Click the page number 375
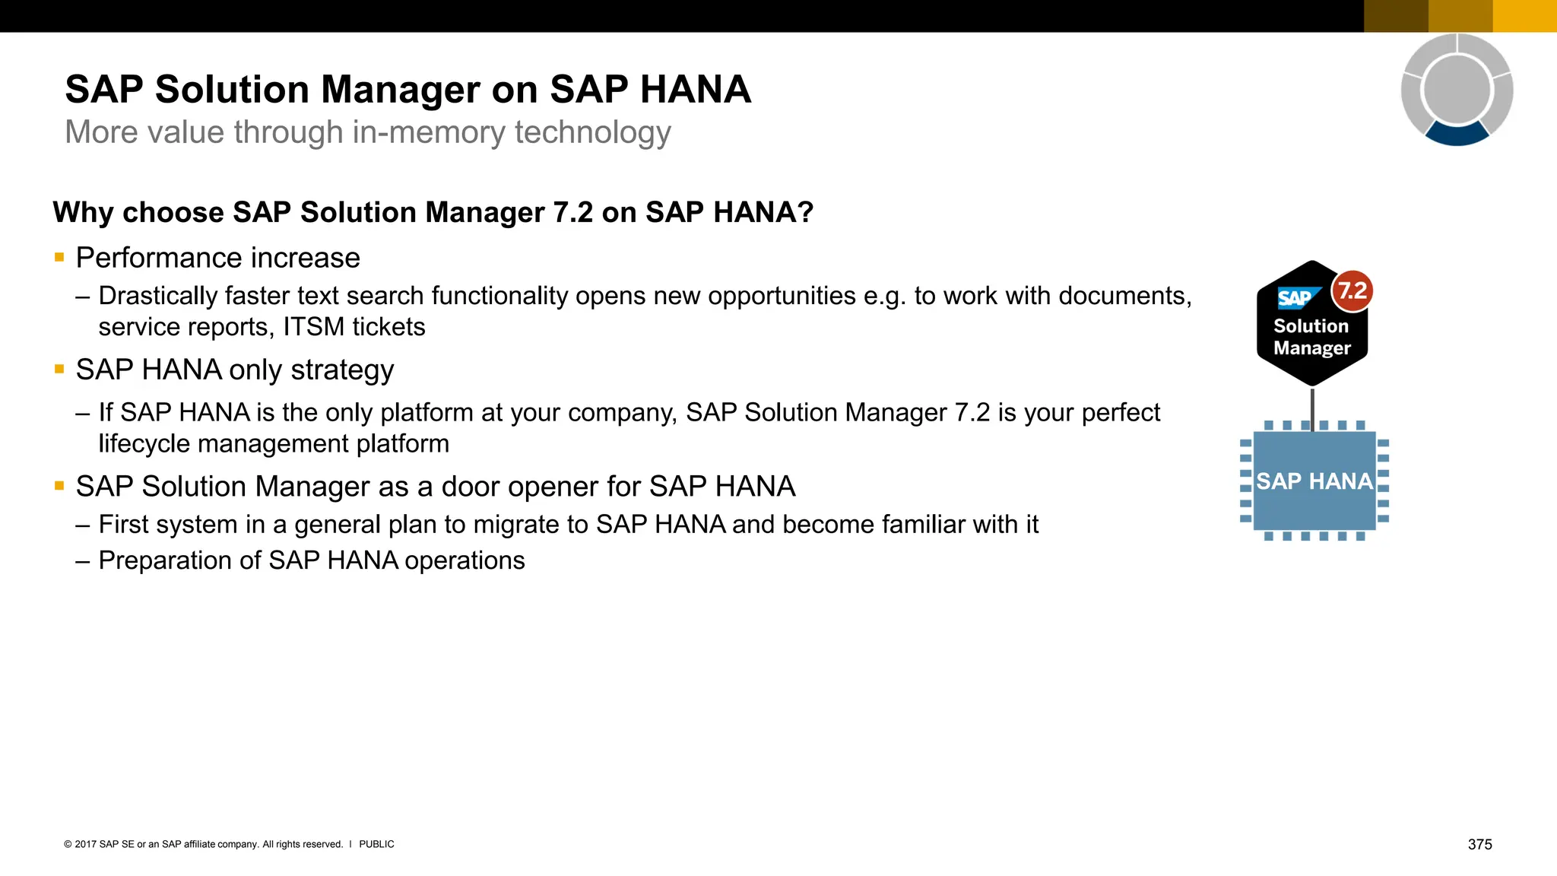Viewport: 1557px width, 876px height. (1479, 844)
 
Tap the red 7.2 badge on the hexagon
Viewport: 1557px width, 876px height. (1352, 290)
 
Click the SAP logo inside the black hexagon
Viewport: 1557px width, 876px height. (1295, 298)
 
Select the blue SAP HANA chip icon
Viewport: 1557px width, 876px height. (1314, 481)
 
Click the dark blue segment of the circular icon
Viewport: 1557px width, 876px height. (1457, 135)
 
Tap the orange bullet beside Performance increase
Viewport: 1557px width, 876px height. (59, 258)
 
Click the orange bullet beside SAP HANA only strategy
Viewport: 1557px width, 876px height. (59, 370)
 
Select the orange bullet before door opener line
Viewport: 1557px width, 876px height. (59, 486)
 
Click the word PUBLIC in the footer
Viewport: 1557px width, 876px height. (376, 844)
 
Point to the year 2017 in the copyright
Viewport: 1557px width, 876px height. (85, 844)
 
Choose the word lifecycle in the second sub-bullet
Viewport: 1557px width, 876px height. (144, 443)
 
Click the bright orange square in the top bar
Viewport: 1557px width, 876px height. (1524, 16)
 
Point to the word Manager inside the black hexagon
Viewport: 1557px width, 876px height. (1312, 348)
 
